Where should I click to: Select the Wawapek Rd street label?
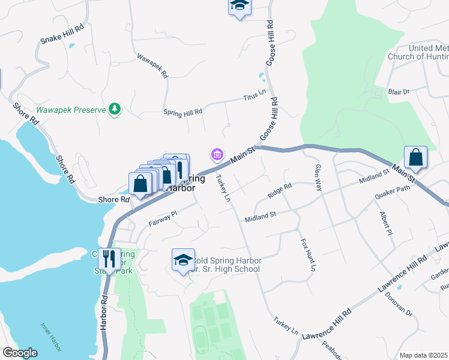click(x=152, y=66)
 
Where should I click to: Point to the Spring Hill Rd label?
click(x=182, y=112)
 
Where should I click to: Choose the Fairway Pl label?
click(x=163, y=218)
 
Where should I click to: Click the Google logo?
click(x=20, y=353)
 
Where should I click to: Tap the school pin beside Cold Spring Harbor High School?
click(x=183, y=259)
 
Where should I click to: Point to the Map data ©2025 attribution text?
click(x=423, y=355)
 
